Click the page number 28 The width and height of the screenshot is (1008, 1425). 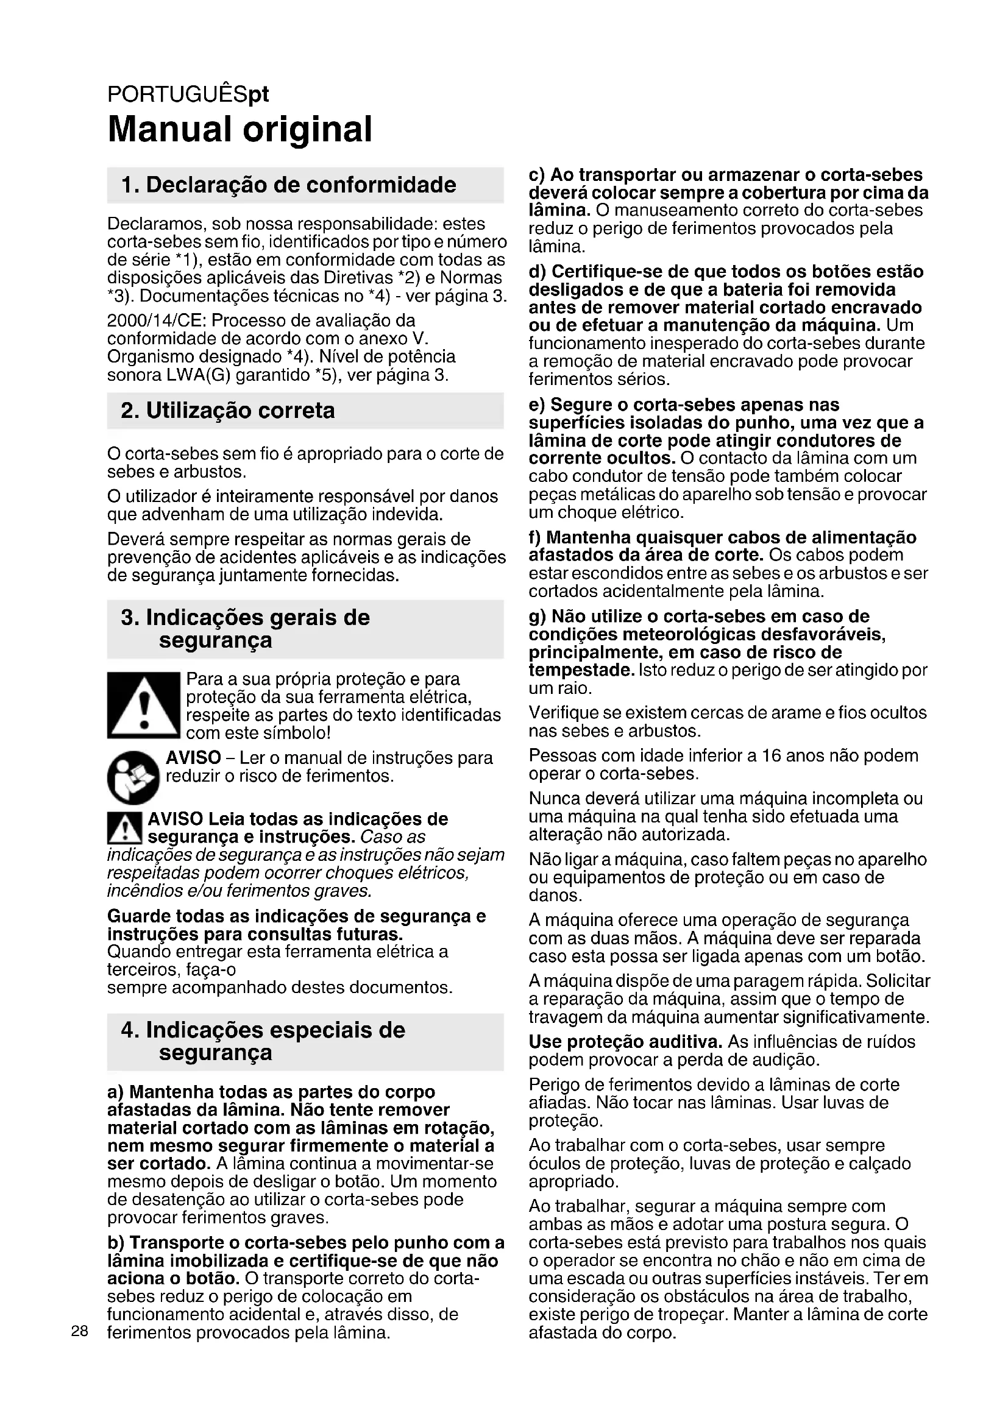(80, 1331)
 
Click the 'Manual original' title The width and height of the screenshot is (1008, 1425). (240, 129)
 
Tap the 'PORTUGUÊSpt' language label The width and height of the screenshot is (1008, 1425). (188, 94)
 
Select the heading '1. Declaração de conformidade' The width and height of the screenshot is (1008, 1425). (289, 185)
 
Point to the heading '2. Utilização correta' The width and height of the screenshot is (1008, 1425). (228, 410)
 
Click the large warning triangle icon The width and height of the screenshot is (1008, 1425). (143, 705)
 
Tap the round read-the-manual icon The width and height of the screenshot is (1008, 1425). (133, 777)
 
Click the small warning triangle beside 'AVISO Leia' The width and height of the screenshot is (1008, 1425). (125, 828)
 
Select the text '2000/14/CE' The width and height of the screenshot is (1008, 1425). (157, 321)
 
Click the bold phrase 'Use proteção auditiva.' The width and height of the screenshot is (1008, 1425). (625, 1041)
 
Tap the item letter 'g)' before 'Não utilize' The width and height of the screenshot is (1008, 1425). (538, 617)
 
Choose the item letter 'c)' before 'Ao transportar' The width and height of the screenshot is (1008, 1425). (537, 175)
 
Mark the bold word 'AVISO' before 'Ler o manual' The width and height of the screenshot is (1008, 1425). (193, 757)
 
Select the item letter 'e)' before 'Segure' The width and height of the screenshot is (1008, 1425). (537, 405)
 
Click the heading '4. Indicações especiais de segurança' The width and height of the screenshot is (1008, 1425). (263, 1041)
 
